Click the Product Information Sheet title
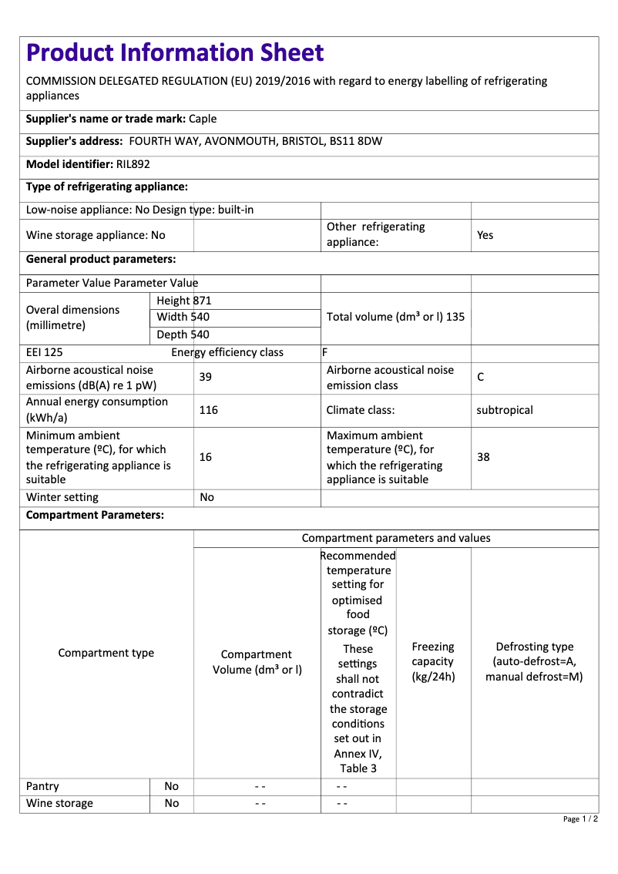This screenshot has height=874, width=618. (175, 52)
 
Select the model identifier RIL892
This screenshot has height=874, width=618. (133, 164)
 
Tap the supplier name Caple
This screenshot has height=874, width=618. (203, 119)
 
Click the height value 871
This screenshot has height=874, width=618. (202, 301)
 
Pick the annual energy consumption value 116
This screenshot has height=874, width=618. (208, 410)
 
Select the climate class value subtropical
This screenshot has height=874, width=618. (505, 410)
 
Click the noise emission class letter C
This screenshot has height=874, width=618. (481, 377)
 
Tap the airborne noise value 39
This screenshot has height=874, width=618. (206, 377)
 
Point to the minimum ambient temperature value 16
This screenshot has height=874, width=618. (206, 457)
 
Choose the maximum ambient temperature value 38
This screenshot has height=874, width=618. (483, 457)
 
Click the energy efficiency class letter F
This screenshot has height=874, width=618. (325, 352)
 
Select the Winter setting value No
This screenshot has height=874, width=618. (207, 497)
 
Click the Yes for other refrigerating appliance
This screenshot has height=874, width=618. (485, 235)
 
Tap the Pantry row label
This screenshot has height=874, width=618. (42, 786)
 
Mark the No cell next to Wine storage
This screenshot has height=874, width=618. (171, 803)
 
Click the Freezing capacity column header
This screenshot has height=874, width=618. (433, 661)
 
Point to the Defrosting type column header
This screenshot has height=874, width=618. (534, 661)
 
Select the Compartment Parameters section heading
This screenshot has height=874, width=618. (95, 516)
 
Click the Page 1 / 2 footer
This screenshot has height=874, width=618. (580, 819)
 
